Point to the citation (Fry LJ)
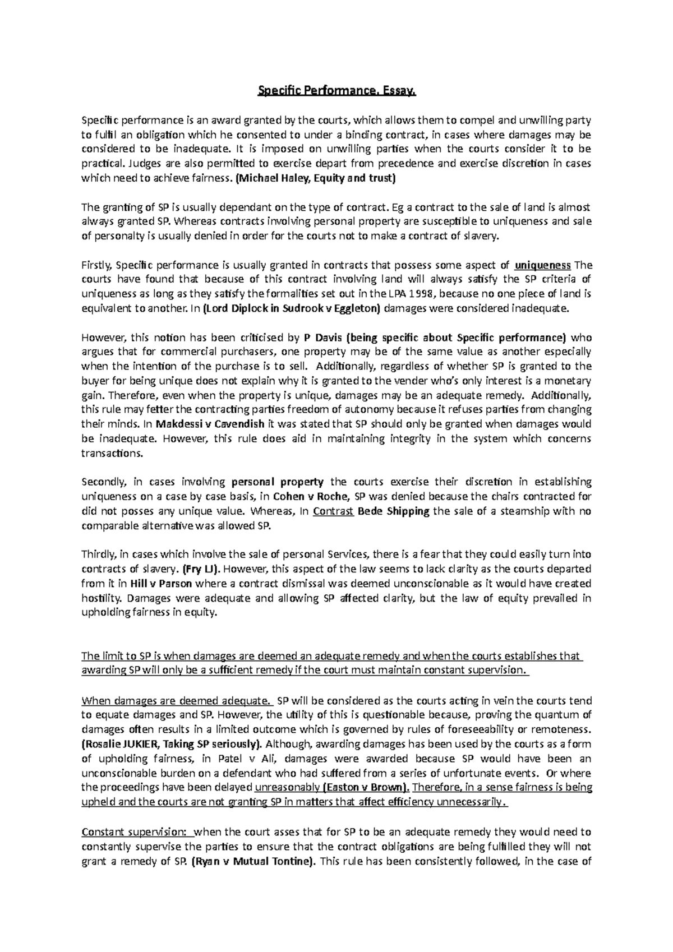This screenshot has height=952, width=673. coord(199,569)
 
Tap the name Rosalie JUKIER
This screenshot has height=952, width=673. coord(125,744)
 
